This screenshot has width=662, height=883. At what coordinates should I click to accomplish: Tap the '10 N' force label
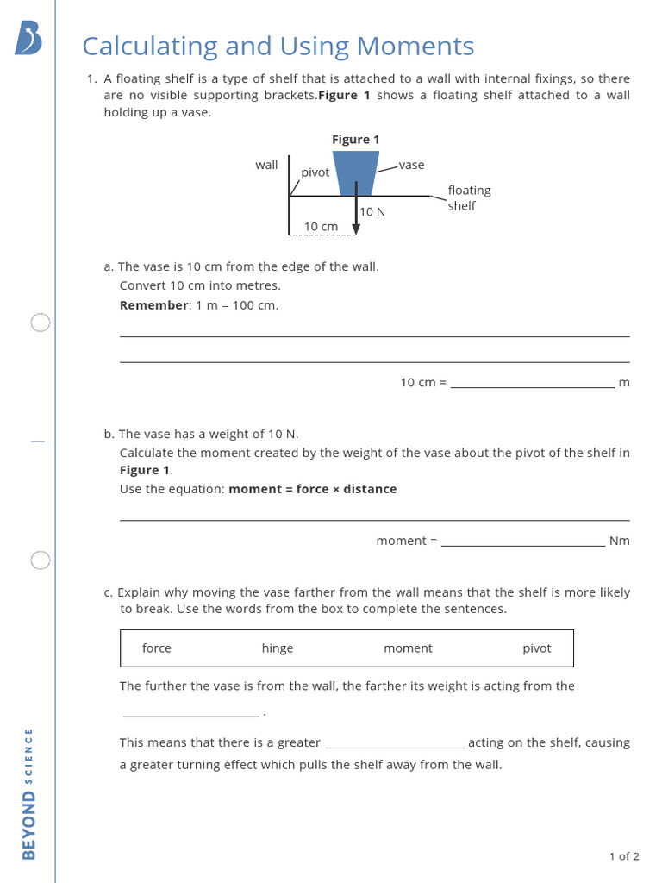pos(372,211)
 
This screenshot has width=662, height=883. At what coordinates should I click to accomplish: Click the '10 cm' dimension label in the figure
pos(322,226)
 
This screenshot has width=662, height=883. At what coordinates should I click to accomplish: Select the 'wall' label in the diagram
pos(266,165)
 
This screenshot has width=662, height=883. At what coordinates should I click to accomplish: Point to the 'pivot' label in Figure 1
pos(315,172)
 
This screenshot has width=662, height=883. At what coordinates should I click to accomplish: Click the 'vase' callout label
pos(411,165)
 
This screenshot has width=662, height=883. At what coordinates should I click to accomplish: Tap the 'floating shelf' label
pos(469,198)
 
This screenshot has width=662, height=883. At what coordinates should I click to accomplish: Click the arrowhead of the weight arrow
pos(356,229)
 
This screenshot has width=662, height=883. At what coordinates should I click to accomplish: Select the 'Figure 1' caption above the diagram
pos(356,140)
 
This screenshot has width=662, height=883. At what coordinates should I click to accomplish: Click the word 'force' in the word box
pos(157,648)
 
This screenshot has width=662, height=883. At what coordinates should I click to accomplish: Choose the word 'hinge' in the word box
pos(278,648)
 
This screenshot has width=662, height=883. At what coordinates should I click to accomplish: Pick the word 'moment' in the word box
pos(408,648)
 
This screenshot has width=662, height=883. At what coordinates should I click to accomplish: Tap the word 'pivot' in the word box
pos(536,648)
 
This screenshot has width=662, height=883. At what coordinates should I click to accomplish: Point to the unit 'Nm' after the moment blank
pos(619,541)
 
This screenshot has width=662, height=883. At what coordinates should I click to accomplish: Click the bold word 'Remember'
pos(153,305)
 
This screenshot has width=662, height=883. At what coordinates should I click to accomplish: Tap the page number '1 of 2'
pos(624,856)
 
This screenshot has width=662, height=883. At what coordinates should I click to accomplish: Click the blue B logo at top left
pos(28,39)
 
